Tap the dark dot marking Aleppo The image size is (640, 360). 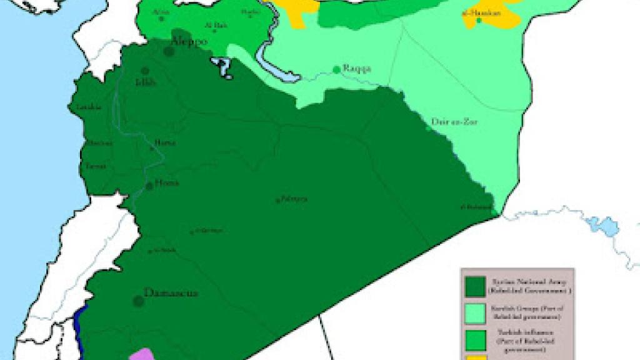click(169, 51)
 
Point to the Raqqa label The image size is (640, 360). click(356, 69)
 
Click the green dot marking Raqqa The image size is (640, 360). click(337, 69)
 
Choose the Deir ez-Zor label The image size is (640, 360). click(454, 122)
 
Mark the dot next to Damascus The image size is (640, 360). click(139, 301)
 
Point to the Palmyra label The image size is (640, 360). click(294, 199)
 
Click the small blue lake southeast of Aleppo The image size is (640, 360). click(222, 67)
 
